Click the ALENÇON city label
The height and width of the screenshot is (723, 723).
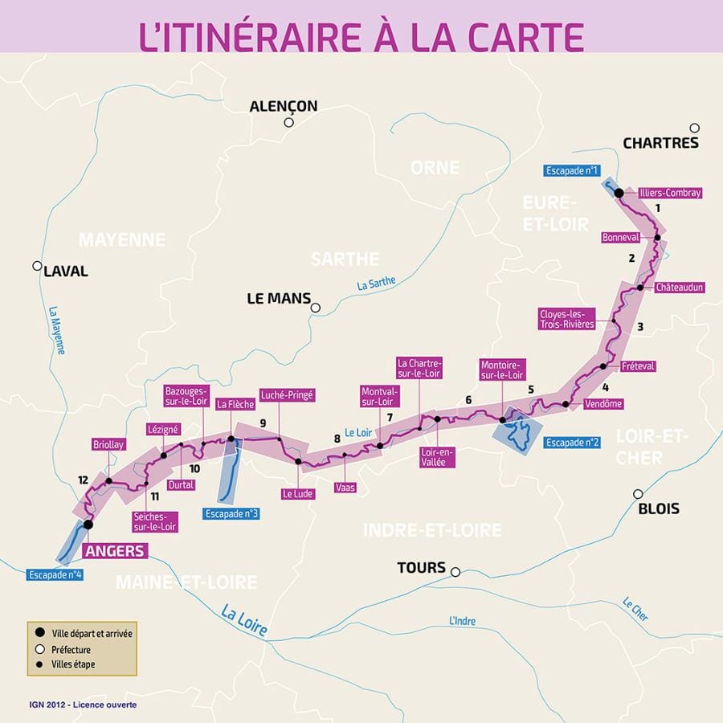coord(283,106)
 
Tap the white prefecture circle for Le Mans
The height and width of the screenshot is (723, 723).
coord(316,308)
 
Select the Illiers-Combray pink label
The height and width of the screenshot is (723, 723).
coord(670,193)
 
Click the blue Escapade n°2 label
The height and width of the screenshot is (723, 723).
coord(572,443)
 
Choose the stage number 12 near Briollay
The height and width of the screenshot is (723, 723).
coord(83,480)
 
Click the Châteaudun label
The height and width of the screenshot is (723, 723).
coord(679,287)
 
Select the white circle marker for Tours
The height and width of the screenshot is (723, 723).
coord(455,572)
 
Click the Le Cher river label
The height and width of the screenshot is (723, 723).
coord(635,608)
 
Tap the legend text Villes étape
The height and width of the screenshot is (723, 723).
coord(73,665)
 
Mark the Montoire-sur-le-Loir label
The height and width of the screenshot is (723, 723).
coord(501,370)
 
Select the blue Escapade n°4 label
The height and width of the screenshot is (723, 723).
coord(55,574)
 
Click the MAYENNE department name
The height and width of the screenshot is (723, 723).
coord(122,239)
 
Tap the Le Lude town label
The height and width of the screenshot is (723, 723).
coord(297,493)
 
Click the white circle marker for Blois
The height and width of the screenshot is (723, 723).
coord(638,494)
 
